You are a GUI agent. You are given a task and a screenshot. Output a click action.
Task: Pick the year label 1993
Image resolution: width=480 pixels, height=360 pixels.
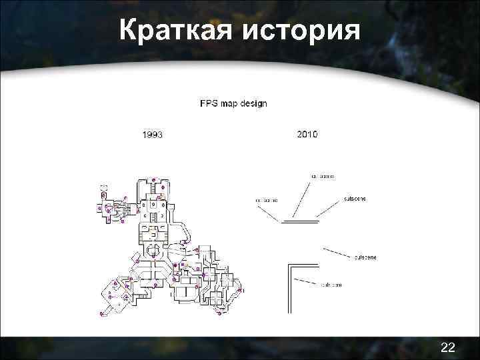(153, 135)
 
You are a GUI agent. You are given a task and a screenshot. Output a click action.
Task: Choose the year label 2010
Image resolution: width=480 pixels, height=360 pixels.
(307, 134)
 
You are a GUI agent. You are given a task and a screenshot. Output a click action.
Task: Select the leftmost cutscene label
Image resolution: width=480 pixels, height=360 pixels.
(267, 199)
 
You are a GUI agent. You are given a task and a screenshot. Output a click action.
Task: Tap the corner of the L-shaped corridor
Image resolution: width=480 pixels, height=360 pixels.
(289, 266)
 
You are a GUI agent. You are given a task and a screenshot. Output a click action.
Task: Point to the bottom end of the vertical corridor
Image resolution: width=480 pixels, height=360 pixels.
(289, 311)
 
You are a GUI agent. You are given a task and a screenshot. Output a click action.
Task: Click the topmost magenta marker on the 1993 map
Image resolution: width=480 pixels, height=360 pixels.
(153, 180)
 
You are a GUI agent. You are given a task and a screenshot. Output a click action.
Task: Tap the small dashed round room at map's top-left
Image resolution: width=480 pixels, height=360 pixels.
(103, 187)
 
